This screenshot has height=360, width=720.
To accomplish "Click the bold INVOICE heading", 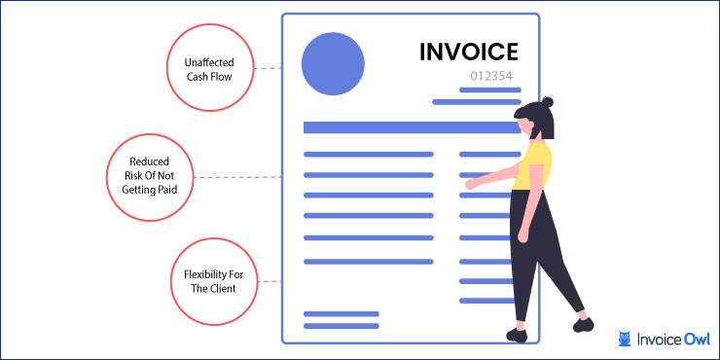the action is pyautogui.click(x=468, y=52).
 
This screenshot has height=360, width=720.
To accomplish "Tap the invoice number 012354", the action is pyautogui.click(x=489, y=75).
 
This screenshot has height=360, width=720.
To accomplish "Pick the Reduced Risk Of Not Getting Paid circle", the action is pyautogui.click(x=149, y=176).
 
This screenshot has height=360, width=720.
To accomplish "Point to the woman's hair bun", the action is pyautogui.click(x=547, y=101).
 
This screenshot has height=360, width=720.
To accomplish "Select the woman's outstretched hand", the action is pyautogui.click(x=470, y=184).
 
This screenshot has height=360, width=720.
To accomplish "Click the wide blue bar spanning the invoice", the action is pyautogui.click(x=408, y=127).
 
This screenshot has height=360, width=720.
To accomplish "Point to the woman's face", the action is pyautogui.click(x=525, y=126).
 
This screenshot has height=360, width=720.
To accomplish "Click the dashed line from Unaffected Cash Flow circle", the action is pyautogui.click(x=270, y=69).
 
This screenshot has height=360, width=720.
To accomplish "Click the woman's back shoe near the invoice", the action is pyautogui.click(x=516, y=335).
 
